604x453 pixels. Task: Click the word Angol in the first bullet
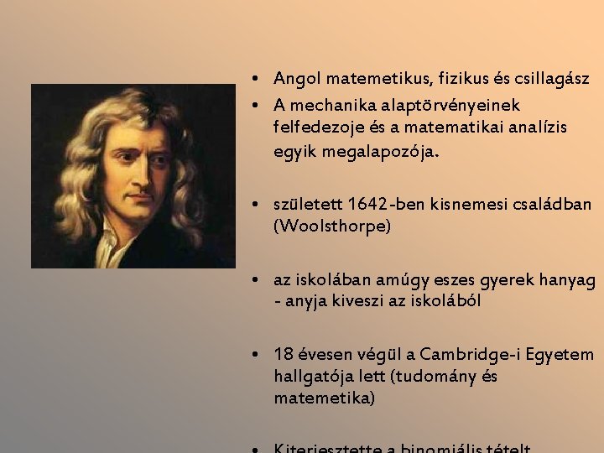click(295, 79)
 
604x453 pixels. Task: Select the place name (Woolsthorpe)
click(331, 226)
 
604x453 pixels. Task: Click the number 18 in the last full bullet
click(282, 353)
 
